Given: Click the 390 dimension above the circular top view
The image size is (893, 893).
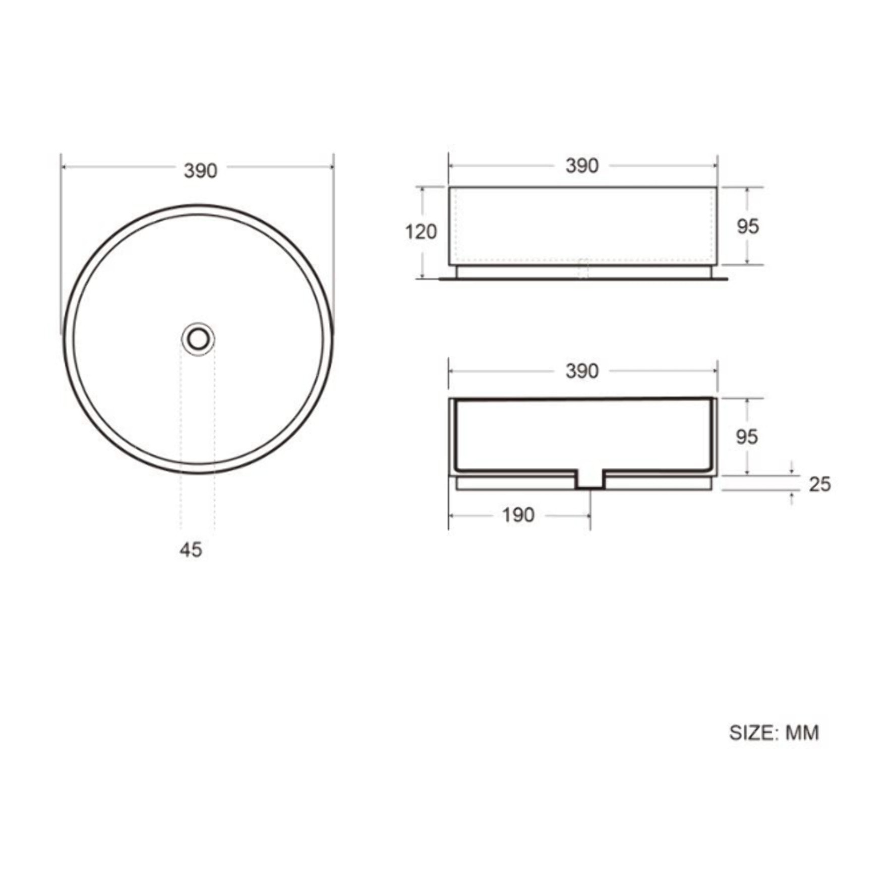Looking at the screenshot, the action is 200,171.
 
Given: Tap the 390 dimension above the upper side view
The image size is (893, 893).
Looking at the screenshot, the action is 582,166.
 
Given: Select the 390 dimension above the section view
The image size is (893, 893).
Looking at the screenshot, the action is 582,371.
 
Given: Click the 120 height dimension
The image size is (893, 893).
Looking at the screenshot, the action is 421,232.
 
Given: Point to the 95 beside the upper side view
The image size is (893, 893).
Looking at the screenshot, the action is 747,226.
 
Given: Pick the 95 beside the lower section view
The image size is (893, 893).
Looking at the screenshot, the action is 746,437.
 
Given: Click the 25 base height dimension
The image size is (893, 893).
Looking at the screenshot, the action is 819,484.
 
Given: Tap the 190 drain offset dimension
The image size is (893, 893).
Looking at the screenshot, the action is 518,515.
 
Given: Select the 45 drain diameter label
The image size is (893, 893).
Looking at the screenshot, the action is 191,550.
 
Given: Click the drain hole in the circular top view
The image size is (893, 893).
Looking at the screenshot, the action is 198,339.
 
